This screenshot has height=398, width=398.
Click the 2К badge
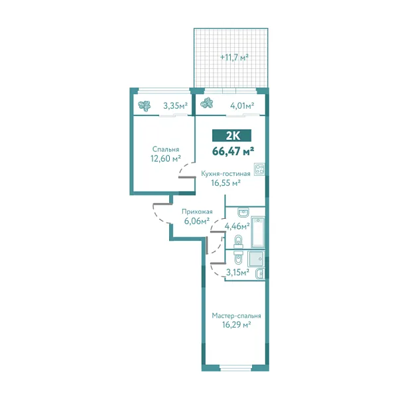coord(233,135)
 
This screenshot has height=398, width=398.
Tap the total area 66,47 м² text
coord(233,151)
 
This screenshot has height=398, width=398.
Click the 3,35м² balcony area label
coord(175,104)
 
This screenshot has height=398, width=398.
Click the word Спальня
coord(165,149)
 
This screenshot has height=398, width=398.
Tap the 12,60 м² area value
coord(166,159)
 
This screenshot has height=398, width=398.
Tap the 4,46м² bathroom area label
coord(237,226)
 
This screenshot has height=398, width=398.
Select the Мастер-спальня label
coord(237,316)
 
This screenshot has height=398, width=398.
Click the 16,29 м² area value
coord(236,325)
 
